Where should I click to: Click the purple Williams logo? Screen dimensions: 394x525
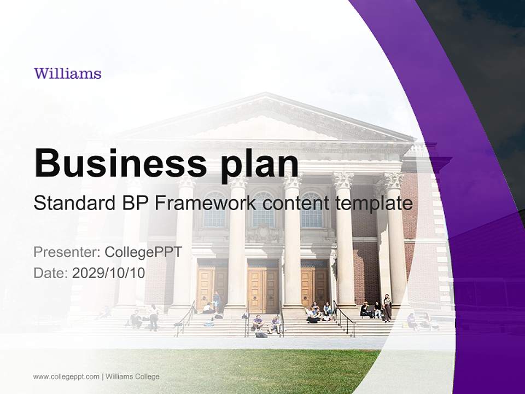click(x=67, y=73)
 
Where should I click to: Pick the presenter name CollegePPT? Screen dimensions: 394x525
click(x=143, y=252)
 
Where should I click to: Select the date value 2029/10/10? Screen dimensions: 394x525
click(x=109, y=273)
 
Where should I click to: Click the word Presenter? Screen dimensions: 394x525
click(x=66, y=252)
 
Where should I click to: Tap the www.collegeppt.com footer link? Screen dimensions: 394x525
click(x=66, y=376)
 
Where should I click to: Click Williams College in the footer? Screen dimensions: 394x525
click(x=132, y=376)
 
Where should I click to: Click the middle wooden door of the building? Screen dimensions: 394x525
click(x=263, y=287)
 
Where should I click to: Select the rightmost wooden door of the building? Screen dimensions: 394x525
click(x=314, y=287)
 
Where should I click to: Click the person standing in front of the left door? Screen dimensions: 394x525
click(x=217, y=300)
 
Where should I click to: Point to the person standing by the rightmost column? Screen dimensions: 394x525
click(x=387, y=306)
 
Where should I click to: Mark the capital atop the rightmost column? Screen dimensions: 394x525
click(x=394, y=180)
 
